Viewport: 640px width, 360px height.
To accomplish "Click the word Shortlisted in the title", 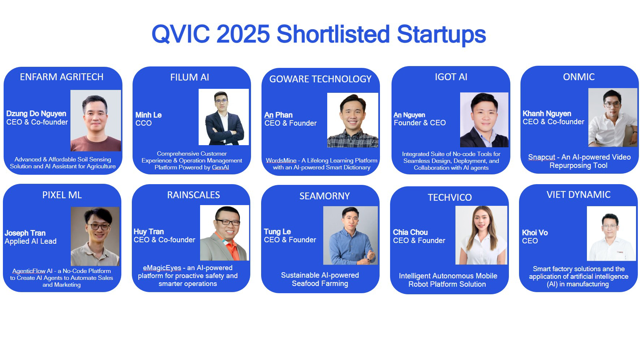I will (x=333, y=34).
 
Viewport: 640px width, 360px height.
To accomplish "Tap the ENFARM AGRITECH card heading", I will (x=62, y=77).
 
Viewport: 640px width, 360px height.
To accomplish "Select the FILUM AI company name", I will (x=190, y=77).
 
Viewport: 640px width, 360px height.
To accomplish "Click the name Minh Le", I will (x=148, y=115).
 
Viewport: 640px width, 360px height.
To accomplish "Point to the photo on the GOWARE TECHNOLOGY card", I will (x=353, y=120).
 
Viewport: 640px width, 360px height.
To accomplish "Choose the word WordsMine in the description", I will (x=281, y=161).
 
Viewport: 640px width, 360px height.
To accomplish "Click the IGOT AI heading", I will (x=451, y=77).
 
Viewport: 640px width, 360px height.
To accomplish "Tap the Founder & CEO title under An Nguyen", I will (x=420, y=123).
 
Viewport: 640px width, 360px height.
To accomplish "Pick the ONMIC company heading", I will (x=579, y=77).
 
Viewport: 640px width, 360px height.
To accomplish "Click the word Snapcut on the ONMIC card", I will (x=541, y=157).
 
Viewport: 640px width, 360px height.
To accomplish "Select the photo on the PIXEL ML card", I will (x=95, y=236).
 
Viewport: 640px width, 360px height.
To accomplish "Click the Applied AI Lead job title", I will (x=31, y=241).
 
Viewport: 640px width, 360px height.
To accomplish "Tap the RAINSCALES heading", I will (x=193, y=195).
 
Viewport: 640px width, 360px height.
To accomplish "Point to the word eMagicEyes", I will (x=162, y=268).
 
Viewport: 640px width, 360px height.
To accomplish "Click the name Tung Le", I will (x=277, y=231).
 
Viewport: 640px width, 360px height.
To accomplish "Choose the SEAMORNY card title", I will (x=324, y=196).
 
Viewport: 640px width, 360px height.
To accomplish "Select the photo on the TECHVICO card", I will (x=481, y=235).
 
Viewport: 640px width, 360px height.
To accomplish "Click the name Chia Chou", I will (x=410, y=232).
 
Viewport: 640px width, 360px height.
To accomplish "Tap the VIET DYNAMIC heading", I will (x=578, y=195).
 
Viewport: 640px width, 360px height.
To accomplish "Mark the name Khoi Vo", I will (x=535, y=233).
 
